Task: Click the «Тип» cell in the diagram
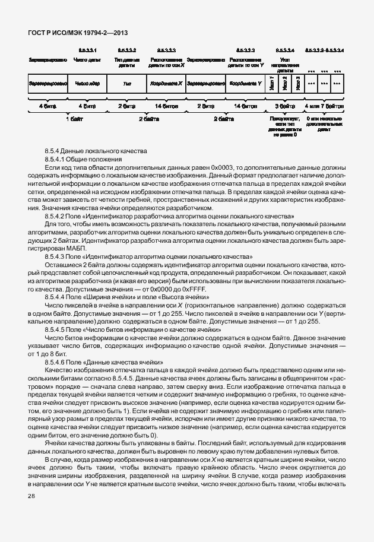point(126,84)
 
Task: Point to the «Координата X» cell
point(166,84)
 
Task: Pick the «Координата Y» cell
point(246,84)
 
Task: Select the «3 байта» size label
point(285,106)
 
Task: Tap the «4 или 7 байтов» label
point(324,106)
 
